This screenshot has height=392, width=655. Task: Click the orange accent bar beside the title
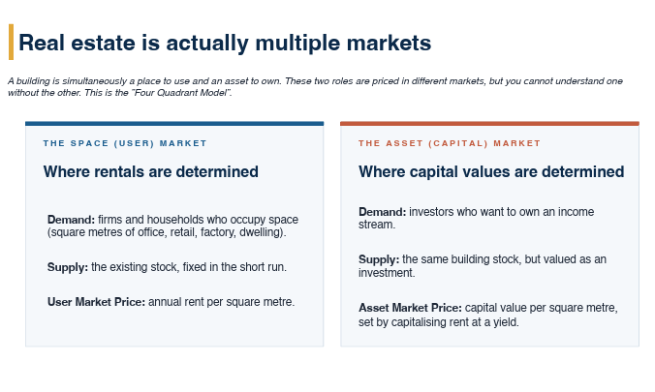[11, 42]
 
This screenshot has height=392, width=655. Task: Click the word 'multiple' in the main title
[297, 44]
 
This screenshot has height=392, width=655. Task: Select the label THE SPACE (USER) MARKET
[125, 143]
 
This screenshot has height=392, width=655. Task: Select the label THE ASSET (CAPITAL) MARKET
[450, 143]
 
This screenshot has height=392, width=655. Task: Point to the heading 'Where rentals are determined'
[151, 171]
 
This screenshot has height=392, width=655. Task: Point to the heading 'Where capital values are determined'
[491, 171]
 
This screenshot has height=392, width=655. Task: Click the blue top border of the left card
[174, 124]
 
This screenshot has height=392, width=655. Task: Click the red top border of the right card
[489, 124]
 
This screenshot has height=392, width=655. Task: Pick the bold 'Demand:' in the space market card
[71, 220]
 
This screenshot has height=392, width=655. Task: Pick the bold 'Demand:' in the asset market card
[382, 212]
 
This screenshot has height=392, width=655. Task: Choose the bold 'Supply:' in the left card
[68, 267]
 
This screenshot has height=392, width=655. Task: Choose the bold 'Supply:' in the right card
[379, 259]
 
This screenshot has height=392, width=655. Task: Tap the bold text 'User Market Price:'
[96, 302]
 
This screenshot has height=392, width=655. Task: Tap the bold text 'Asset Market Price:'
[410, 308]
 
